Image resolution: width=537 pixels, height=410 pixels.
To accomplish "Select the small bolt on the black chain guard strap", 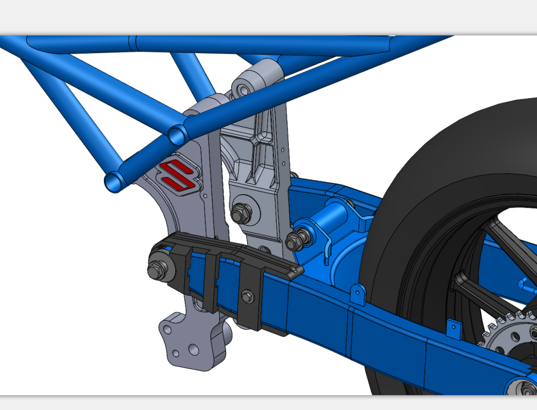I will [x=247, y=295].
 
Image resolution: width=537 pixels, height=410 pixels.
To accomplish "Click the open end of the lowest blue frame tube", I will [x=114, y=182].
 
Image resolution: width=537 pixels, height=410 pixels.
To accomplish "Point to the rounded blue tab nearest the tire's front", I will [x=358, y=292].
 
